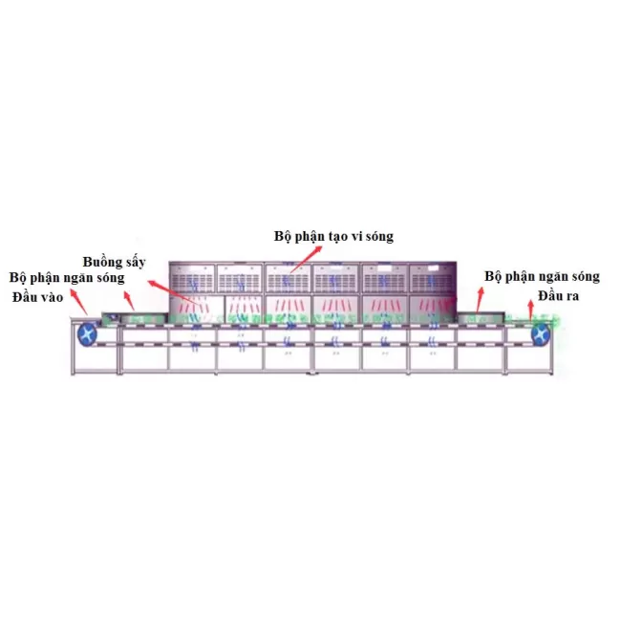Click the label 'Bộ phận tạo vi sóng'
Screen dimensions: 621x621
(333, 236)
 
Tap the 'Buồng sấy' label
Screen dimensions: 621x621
(114, 262)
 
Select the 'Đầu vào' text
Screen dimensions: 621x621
(37, 296)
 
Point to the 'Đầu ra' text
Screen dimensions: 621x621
(559, 295)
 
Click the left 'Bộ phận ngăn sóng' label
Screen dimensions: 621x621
(67, 278)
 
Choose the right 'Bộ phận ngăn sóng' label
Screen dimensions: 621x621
(543, 276)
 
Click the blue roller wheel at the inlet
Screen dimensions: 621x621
(88, 335)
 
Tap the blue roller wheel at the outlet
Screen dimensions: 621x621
(541, 333)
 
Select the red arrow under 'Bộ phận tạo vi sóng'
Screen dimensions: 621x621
(306, 260)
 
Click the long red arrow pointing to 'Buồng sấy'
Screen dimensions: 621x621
(174, 292)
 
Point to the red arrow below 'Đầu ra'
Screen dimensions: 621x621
(530, 310)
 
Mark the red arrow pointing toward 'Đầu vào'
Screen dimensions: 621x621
(78, 302)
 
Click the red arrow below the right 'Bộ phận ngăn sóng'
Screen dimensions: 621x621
(480, 300)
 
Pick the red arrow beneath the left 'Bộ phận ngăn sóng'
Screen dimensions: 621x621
(129, 301)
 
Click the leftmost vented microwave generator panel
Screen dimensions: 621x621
(192, 278)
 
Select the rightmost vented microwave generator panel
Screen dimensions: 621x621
(433, 278)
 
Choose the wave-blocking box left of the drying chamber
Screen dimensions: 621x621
(135, 317)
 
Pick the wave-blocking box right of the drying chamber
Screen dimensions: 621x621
(481, 317)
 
